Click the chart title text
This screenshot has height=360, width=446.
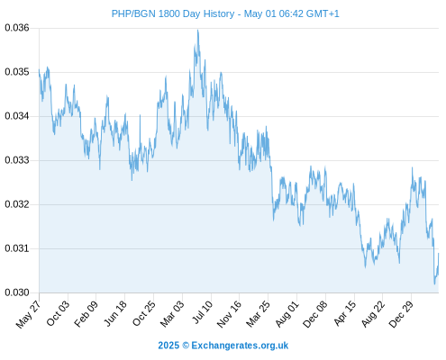coord(225,13)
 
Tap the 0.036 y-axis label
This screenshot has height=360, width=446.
coord(17,28)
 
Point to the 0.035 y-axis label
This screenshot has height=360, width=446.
coord(17,72)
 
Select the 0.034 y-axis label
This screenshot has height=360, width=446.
coord(17,116)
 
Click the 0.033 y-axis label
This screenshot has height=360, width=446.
coord(17,160)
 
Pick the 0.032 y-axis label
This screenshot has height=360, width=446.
coord(17,204)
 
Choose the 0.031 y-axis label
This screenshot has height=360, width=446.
coord(17,248)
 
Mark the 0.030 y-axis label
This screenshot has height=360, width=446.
coord(17,292)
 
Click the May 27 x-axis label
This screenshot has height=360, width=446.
coord(28,314)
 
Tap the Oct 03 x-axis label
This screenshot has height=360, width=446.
coord(58,313)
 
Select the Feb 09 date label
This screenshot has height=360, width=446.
coord(86,313)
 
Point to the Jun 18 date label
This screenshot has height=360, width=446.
coord(115,313)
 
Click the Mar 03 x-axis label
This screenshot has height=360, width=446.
coord(172,314)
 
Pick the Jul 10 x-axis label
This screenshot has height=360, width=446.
coord(203,312)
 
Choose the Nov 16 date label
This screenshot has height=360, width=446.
coord(229,314)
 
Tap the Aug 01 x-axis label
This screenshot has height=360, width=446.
coord(287,314)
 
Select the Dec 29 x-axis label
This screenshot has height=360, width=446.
coord(401,314)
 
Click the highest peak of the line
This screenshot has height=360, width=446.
coord(197,30)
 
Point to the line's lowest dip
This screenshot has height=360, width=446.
coord(434,283)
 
